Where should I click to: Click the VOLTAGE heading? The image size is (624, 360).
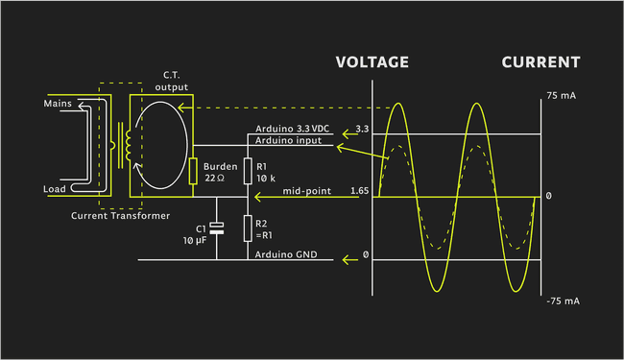coord(372,62)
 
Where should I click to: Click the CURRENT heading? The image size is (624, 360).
coord(540,62)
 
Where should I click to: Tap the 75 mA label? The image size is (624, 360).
coord(563,96)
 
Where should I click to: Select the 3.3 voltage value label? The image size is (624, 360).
coord(361,129)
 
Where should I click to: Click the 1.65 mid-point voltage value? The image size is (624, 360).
coord(359,192)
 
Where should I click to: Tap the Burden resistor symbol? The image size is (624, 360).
coord(193,171)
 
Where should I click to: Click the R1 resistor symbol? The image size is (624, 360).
coord(248,171)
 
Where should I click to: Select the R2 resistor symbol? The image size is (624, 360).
coord(248,228)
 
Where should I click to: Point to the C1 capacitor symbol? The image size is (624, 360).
coord(217,228)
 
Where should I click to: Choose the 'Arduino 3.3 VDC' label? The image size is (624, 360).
coord(293,129)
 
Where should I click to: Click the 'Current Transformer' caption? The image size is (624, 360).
coord(120,215)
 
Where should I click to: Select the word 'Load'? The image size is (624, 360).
coord(55,189)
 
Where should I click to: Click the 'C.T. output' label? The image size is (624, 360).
coord(172,81)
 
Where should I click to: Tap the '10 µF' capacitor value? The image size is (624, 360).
coord(195,240)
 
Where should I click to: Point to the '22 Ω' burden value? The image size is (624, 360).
coord(213,179)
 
